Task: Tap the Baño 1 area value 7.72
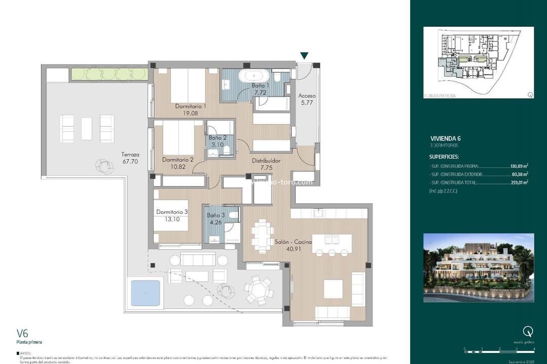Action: (x=260, y=93)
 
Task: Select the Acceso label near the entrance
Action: (x=307, y=96)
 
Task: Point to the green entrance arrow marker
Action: (x=304, y=56)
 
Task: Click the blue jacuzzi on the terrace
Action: (x=145, y=293)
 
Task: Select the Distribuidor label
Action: (x=266, y=161)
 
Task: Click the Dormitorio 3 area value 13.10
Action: (x=172, y=219)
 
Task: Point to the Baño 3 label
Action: (x=216, y=215)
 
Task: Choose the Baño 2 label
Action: (x=218, y=138)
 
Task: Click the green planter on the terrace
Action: (x=109, y=74)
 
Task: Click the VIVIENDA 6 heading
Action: (x=445, y=139)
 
